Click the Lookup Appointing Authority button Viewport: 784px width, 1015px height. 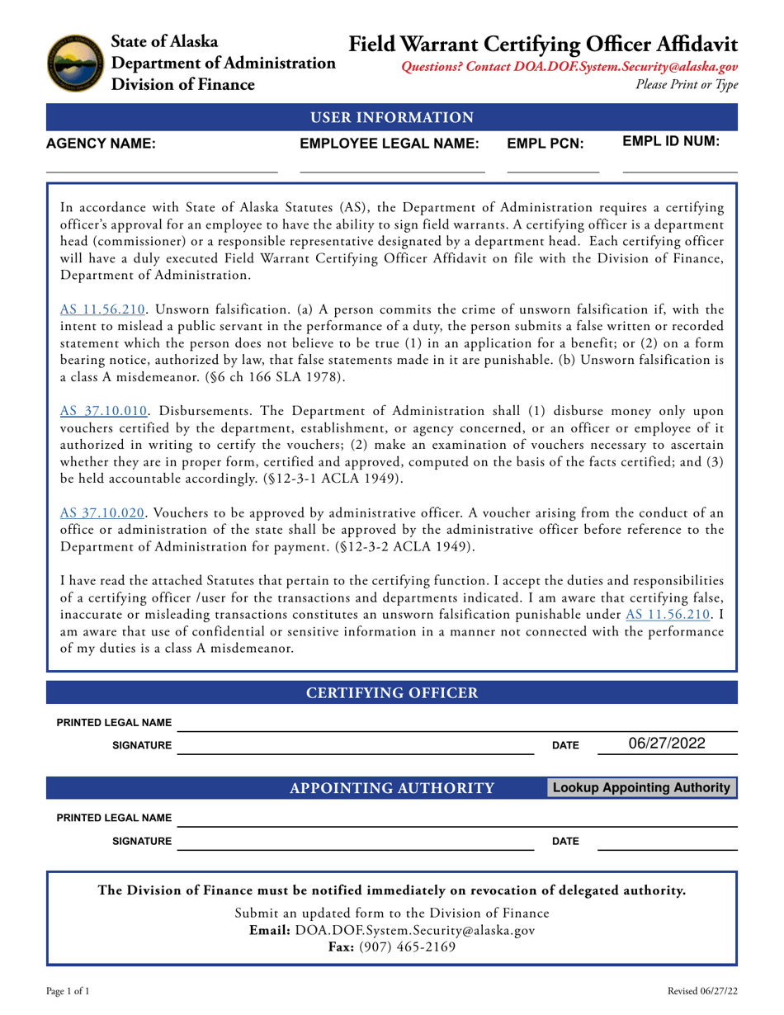pos(642,788)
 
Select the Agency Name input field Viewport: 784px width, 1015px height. pos(161,163)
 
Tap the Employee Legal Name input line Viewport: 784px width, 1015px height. pos(392,163)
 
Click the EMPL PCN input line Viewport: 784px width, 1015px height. pos(553,163)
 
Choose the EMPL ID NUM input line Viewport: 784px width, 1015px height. pos(679,163)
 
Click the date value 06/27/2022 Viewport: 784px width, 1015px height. pos(667,743)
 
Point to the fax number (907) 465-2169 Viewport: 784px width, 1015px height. pos(391,948)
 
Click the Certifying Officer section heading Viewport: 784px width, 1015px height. pos(392,692)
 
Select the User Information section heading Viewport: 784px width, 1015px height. pos(392,117)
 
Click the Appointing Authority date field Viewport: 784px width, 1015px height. pos(667,841)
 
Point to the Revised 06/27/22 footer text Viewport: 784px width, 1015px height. pos(702,990)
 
